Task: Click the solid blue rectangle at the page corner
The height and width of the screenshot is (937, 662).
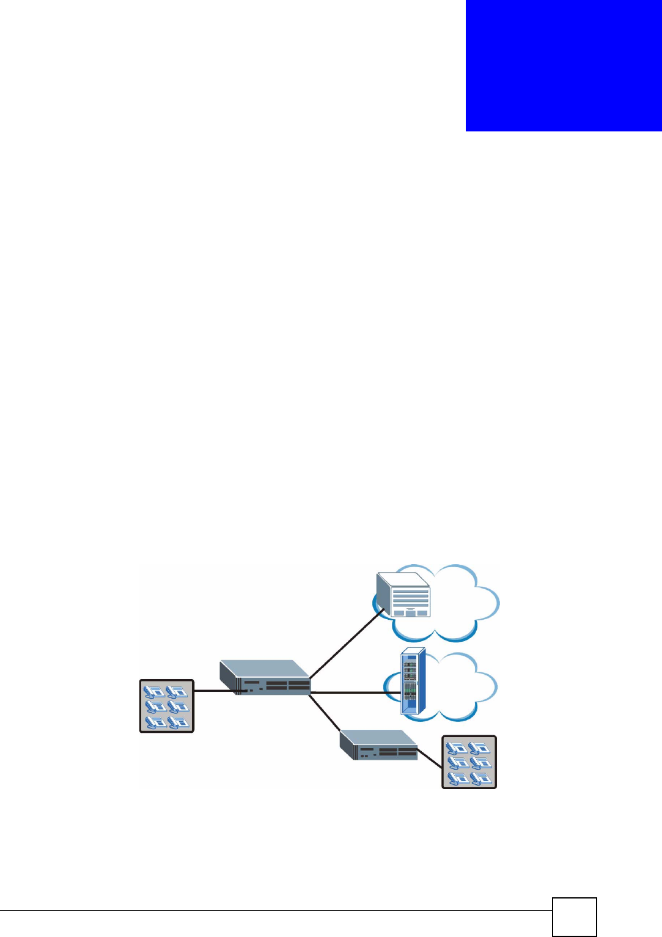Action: click(x=563, y=65)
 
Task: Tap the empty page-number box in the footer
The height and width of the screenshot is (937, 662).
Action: click(x=574, y=916)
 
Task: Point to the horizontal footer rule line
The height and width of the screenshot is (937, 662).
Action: click(x=275, y=911)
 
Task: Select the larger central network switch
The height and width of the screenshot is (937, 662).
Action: click(x=265, y=677)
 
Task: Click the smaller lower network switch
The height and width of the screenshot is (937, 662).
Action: click(x=378, y=745)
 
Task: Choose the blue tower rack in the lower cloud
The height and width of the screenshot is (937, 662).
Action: click(x=412, y=682)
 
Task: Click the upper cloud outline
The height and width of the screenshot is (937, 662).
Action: click(x=465, y=602)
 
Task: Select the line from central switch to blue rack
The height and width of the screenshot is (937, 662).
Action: click(x=355, y=693)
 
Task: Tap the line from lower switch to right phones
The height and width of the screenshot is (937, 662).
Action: click(x=430, y=759)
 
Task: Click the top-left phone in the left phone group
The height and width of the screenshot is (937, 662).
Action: click(x=155, y=692)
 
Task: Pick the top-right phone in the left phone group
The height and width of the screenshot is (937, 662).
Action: click(x=177, y=692)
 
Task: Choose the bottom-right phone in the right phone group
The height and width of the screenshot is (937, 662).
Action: click(x=480, y=778)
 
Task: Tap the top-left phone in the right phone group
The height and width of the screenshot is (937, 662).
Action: click(x=457, y=748)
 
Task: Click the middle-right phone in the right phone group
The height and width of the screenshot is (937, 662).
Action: click(x=480, y=763)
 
